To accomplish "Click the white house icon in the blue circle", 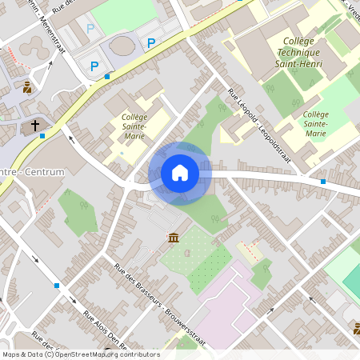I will tap(179, 173).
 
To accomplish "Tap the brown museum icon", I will tap(173, 238).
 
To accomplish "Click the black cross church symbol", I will tap(35, 126).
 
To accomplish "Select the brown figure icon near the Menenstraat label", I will tap(28, 87).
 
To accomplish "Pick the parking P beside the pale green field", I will tap(90, 28).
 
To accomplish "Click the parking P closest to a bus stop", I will tap(94, 66).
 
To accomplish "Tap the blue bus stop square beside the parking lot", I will tap(107, 77).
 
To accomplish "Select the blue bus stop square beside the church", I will tap(42, 135).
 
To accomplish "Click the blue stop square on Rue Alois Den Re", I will tap(57, 285).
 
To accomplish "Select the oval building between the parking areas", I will tap(123, 46).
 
